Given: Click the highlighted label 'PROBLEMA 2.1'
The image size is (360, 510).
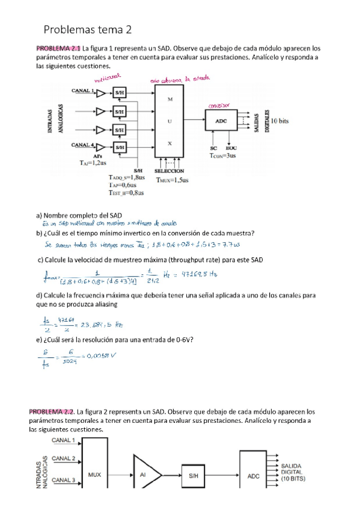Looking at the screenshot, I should pos(58,49).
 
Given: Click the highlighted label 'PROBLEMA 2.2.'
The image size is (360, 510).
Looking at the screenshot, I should pos(59,412).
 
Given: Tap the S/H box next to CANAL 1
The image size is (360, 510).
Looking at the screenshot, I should pos(120,93).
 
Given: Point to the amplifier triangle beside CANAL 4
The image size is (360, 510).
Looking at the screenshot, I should pos(100,147).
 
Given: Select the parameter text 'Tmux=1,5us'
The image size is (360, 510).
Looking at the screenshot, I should pos(172,179).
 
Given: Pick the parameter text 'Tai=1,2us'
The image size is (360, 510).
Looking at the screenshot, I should pos(93,162).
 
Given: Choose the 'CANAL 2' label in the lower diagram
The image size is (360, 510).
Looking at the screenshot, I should pos(63,458).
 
